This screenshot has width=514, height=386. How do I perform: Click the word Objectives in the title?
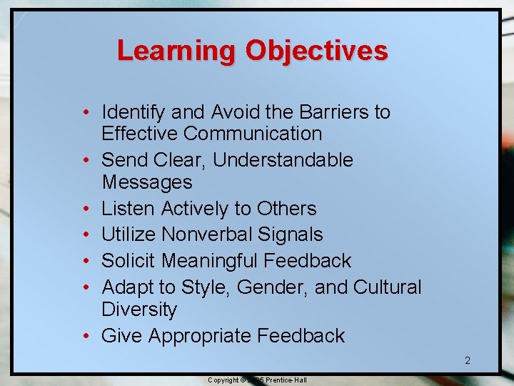[316, 51]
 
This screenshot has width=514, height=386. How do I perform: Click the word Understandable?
[283, 160]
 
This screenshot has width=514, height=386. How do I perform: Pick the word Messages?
[147, 182]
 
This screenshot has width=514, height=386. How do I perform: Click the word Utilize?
[129, 234]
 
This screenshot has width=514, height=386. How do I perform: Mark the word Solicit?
[131, 261]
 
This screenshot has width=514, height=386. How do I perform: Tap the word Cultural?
[388, 287]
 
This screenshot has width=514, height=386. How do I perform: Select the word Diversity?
[139, 310]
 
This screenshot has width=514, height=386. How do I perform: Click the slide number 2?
[468, 361]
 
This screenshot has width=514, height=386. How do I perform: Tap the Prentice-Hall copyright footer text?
[257, 380]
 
